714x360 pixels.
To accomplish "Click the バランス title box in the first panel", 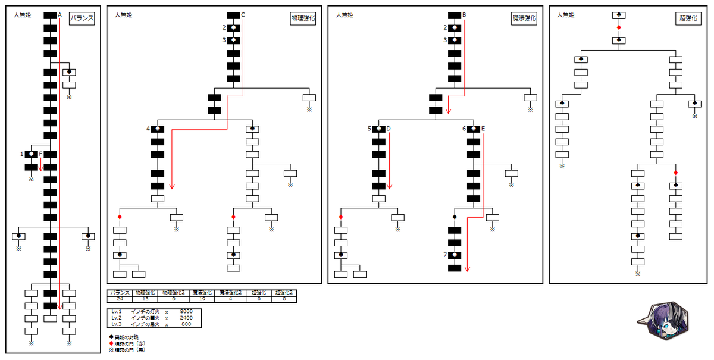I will (82, 18).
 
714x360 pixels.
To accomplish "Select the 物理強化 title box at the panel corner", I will (303, 18).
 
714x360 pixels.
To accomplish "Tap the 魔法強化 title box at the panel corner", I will (524, 18).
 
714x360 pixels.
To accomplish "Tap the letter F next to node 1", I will (40, 154).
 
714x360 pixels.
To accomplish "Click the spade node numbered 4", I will (158, 129).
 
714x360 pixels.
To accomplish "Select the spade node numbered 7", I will (455, 255).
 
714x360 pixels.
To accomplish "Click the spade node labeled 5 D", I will (379, 129).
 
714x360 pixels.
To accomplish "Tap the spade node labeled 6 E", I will (474, 129).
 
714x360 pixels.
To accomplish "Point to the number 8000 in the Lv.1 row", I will (186, 311).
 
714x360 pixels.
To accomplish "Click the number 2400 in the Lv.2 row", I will (186, 318).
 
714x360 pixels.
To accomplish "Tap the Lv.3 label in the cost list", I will (117, 324).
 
